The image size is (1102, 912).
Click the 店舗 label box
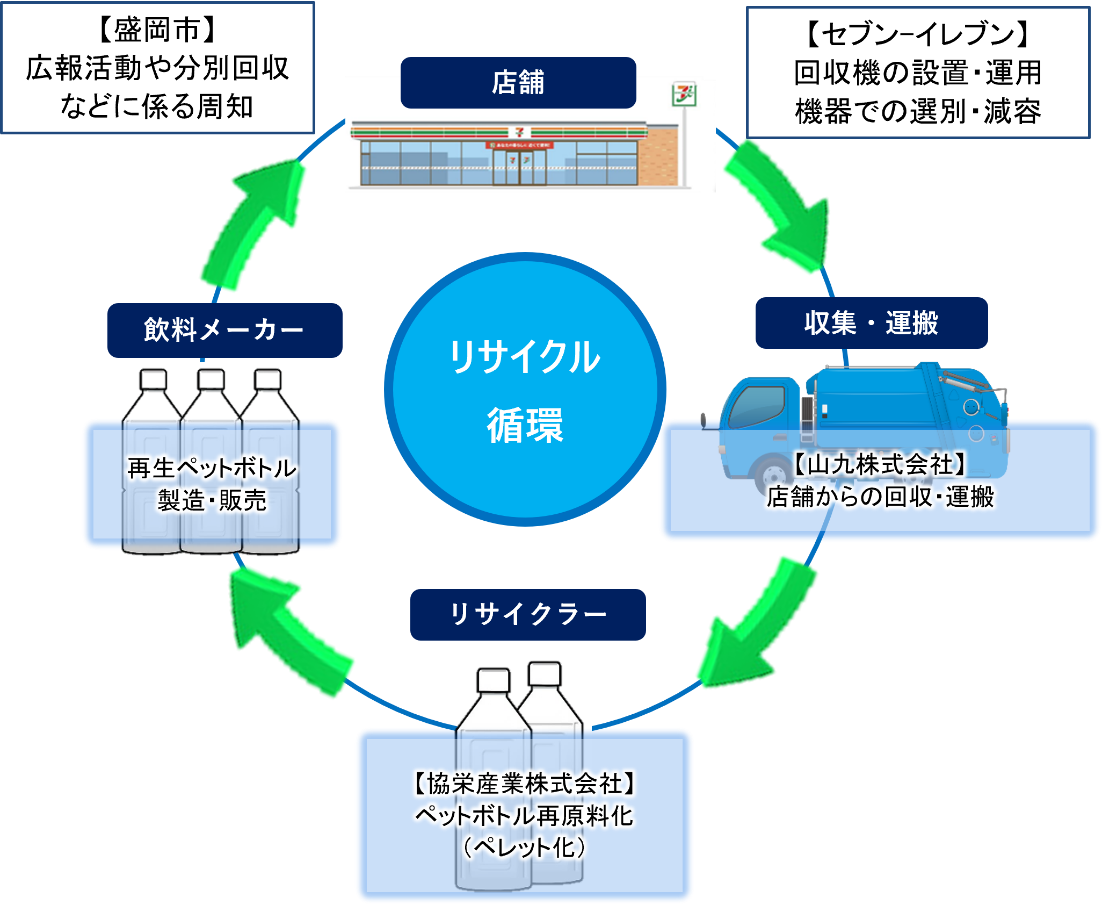coord(518,83)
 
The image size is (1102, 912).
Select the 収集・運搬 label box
coord(871,323)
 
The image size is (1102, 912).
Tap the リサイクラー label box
coord(527,614)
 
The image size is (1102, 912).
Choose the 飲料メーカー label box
coord(224,330)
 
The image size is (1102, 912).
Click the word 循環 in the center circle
coord(525,425)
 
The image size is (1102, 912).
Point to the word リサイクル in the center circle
coord(525,357)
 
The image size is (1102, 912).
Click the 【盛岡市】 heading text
coord(157,30)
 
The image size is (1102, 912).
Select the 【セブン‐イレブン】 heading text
coord(917,34)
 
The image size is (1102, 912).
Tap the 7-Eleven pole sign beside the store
coord(684,96)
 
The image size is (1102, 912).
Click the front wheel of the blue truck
coord(773,475)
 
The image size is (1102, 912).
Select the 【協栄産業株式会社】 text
coord(524,784)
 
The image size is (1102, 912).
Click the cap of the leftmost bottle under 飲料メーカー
coord(153,379)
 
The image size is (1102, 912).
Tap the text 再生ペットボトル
coord(212,468)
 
